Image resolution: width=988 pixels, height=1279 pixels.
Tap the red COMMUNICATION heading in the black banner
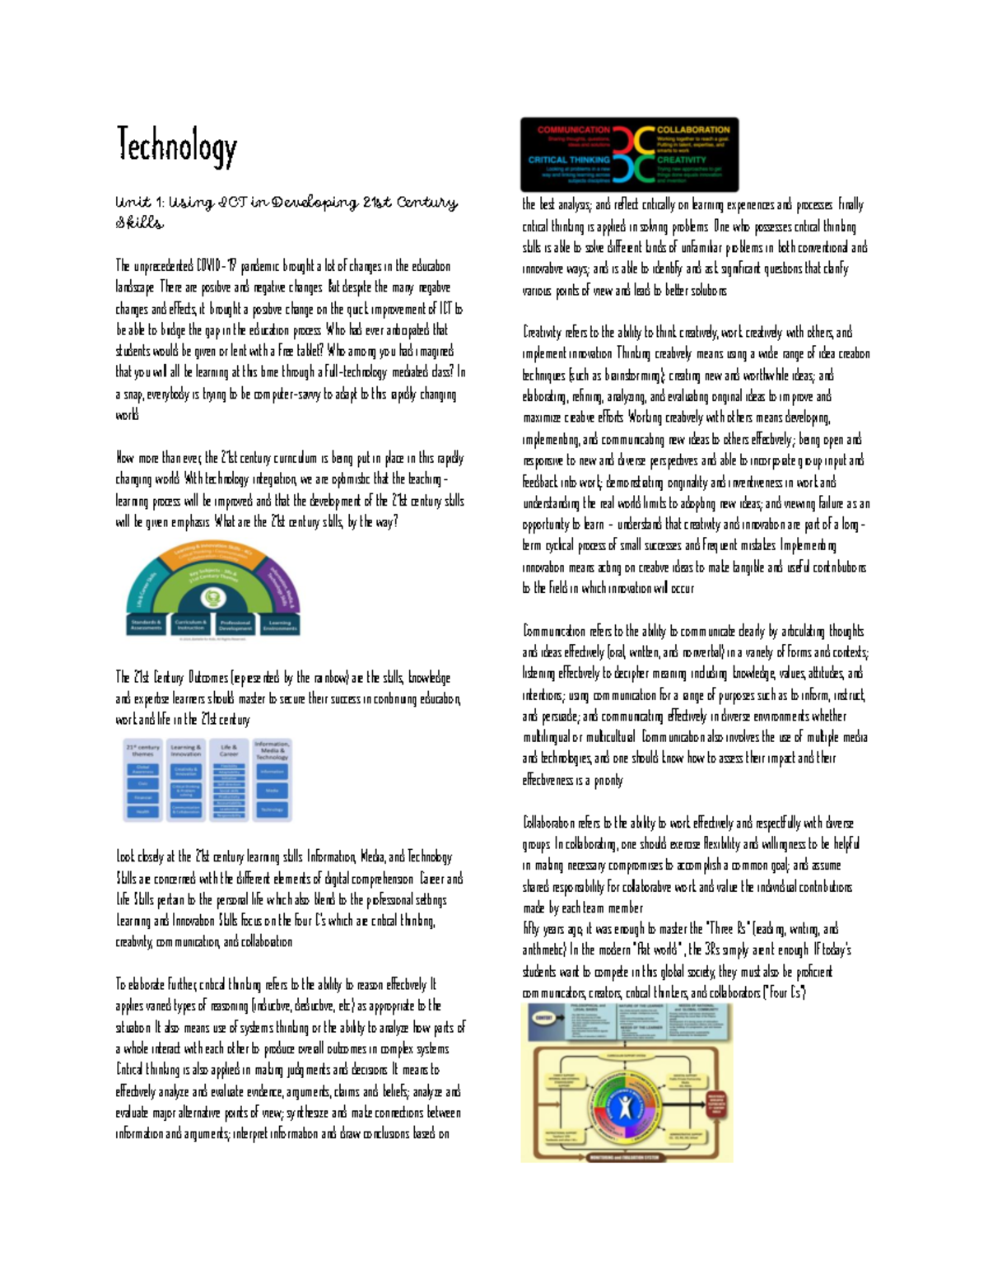[x=574, y=130]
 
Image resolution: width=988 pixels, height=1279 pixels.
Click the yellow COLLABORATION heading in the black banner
[x=692, y=130]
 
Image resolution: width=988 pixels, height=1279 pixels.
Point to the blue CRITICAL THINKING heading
[x=569, y=160]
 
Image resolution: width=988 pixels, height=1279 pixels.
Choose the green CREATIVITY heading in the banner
[x=681, y=160]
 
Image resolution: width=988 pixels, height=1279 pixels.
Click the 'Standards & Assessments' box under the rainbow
[x=146, y=625]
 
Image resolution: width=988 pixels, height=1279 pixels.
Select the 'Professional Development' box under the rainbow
[x=235, y=625]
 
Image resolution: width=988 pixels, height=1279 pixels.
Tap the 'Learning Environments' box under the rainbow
[x=279, y=625]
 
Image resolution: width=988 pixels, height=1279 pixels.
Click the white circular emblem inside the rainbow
[x=213, y=598]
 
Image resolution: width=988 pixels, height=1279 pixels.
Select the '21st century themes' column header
[x=142, y=750]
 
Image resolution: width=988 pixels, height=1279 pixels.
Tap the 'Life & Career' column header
[x=229, y=750]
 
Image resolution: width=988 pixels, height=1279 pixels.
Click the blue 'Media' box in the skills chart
[x=273, y=791]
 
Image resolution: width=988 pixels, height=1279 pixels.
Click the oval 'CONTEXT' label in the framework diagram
[x=543, y=1018]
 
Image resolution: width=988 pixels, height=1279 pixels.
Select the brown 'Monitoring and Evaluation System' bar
[x=626, y=1156]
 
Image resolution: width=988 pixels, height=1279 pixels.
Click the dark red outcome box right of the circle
[x=716, y=1104]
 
